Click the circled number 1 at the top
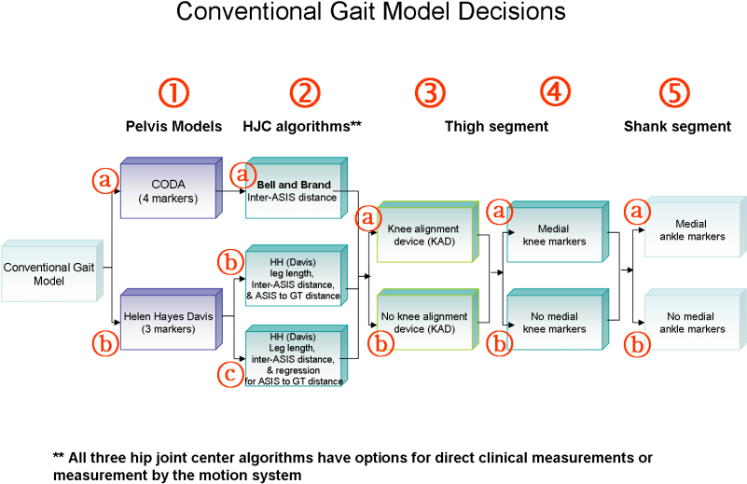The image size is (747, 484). click(x=173, y=92)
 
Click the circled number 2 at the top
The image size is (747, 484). click(x=304, y=92)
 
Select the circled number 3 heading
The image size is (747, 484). click(x=430, y=92)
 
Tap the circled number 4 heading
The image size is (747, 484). click(x=555, y=91)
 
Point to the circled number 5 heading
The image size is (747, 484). click(x=674, y=92)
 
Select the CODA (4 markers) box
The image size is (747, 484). click(x=169, y=190)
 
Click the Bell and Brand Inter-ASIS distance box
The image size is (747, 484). click(x=294, y=191)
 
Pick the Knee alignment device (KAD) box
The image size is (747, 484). click(x=425, y=235)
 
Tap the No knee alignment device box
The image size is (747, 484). click(x=425, y=323)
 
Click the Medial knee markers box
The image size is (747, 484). click(x=556, y=235)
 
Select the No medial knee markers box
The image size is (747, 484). click(x=556, y=323)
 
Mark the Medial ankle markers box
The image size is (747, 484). click(x=692, y=229)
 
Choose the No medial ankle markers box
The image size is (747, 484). click(x=692, y=323)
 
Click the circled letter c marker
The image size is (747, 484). click(x=230, y=374)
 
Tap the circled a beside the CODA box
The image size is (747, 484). click(x=106, y=179)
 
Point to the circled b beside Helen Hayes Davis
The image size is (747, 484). click(x=105, y=343)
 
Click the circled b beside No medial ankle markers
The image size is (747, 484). click(x=636, y=345)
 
